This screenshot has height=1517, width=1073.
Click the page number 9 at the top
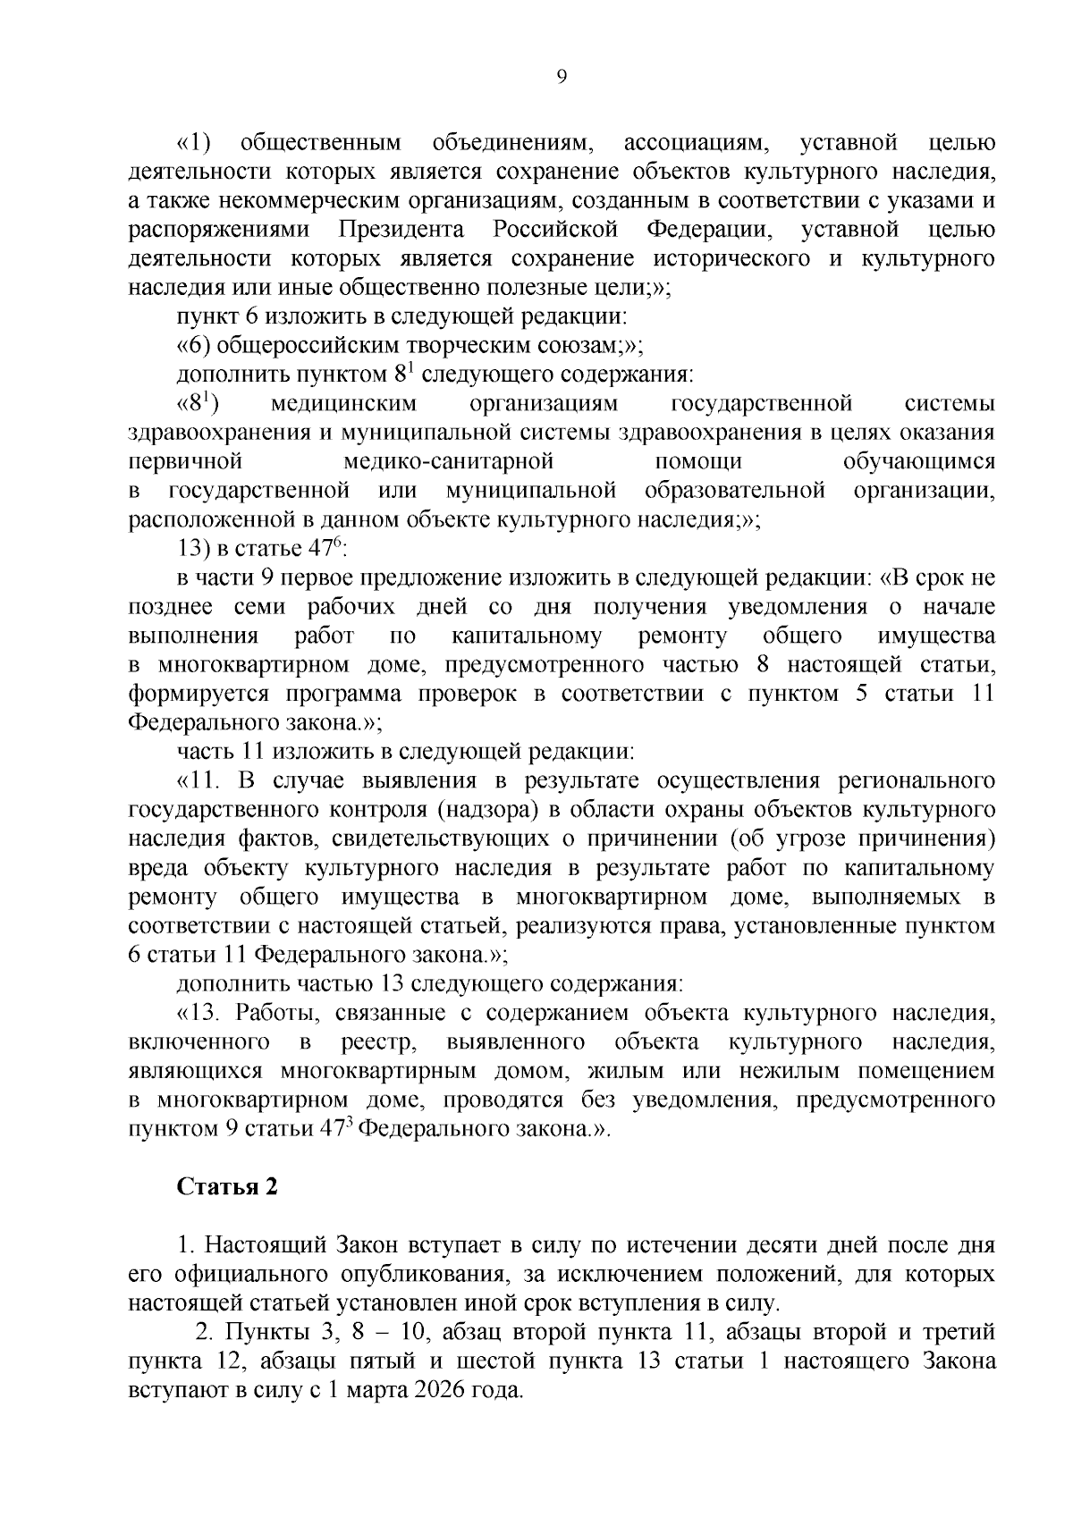(x=561, y=78)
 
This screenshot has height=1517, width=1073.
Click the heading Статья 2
(x=227, y=1186)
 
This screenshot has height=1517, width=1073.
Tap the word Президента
(x=401, y=230)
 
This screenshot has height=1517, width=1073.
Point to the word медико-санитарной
(x=448, y=461)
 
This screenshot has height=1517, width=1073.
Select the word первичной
(x=186, y=461)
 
